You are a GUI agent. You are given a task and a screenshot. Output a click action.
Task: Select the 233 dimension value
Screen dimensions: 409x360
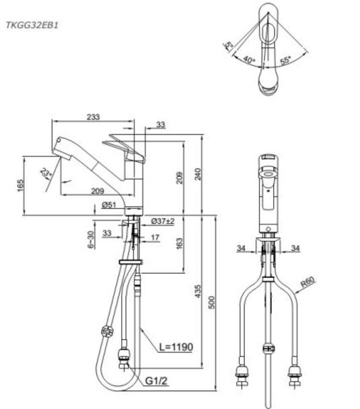(x=93, y=117)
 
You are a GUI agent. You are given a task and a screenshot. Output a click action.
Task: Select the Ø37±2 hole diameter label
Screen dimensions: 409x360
(x=162, y=221)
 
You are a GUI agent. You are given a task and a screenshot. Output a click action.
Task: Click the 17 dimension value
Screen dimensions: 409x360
(x=155, y=237)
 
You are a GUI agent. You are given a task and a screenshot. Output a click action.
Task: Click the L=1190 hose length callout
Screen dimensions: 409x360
(x=176, y=348)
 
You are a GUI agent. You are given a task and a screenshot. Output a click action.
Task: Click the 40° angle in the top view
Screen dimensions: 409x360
(x=250, y=61)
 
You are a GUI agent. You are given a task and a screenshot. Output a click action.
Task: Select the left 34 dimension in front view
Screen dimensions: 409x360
(x=241, y=248)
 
